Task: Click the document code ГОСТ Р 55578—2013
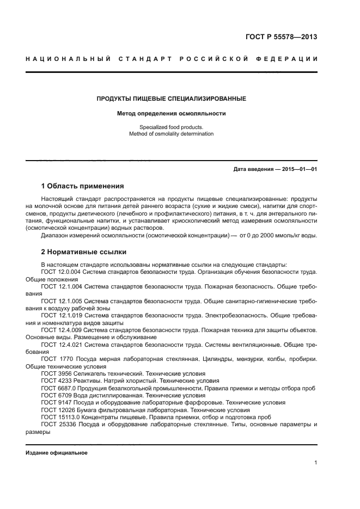pyautogui.click(x=280, y=38)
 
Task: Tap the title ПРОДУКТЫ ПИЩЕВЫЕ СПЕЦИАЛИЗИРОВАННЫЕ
pyautogui.click(x=171, y=99)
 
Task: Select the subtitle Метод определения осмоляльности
pyautogui.click(x=171, y=114)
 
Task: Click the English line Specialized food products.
pyautogui.click(x=171, y=127)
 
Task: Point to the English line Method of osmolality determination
pyautogui.click(x=171, y=133)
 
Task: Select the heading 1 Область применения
pyautogui.click(x=82, y=186)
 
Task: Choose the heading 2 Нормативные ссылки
pyautogui.click(x=84, y=252)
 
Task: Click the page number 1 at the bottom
pyautogui.click(x=315, y=463)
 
